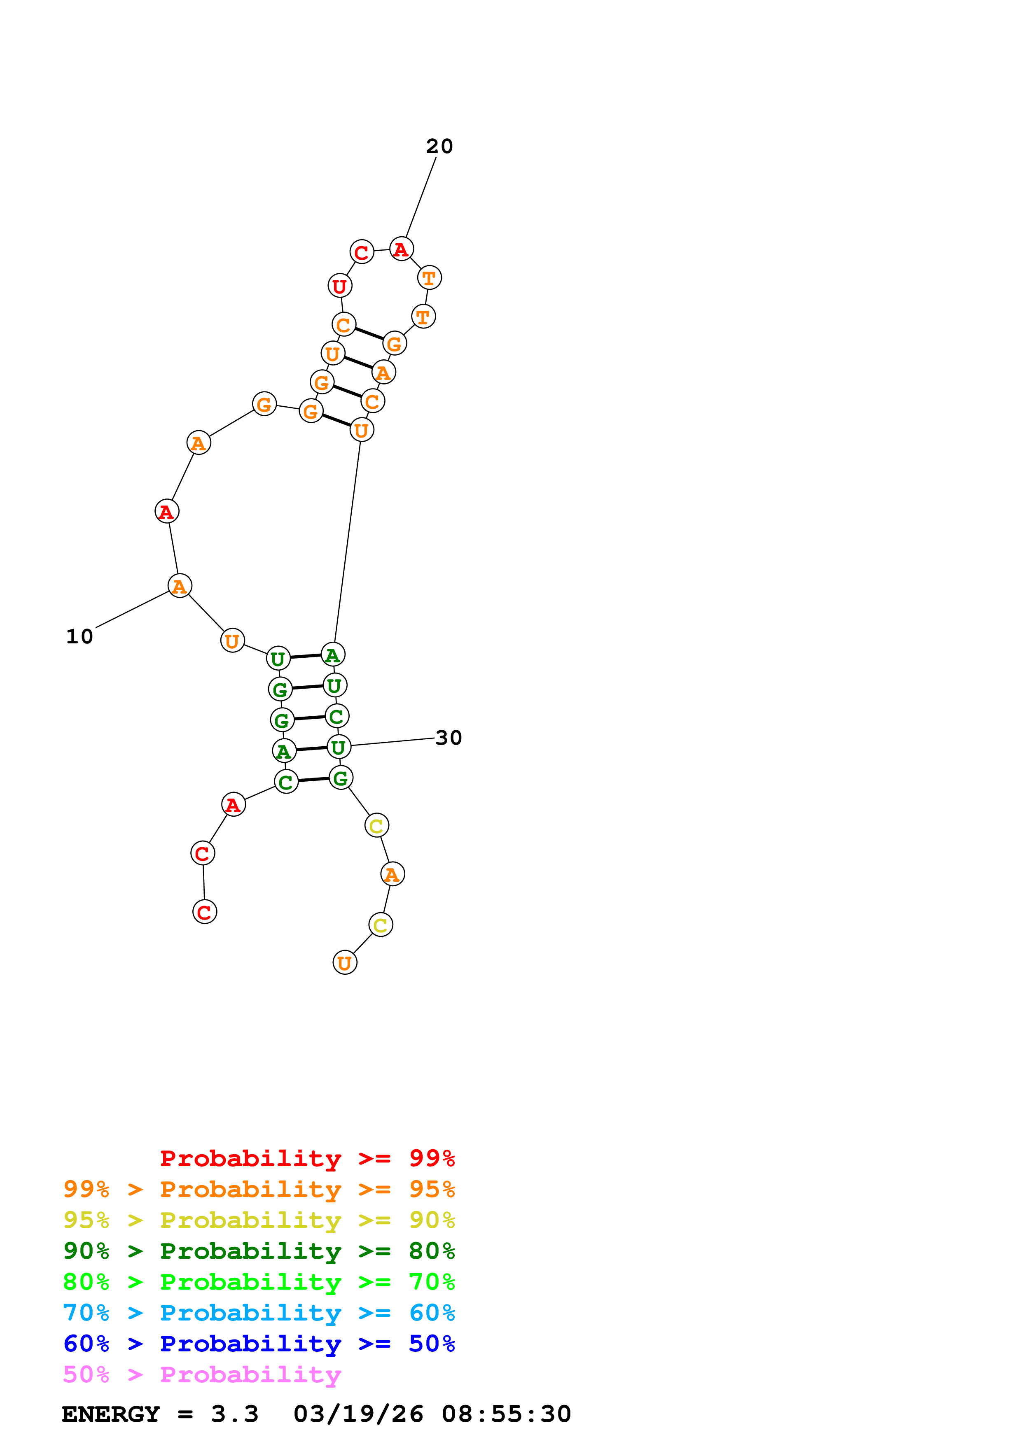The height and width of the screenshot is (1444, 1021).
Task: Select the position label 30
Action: [449, 738]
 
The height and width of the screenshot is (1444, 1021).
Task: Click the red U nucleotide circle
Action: [340, 286]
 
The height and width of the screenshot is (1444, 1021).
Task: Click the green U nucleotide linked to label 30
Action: [339, 747]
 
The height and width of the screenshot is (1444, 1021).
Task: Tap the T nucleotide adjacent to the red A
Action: [429, 277]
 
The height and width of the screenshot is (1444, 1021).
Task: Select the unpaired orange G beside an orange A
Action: [264, 404]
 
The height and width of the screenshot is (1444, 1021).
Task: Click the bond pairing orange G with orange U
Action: [336, 420]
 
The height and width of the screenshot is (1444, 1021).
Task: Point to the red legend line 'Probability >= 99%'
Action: [307, 1158]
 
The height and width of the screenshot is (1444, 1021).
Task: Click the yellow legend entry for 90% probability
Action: [259, 1220]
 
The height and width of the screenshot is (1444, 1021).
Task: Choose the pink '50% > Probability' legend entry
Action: [202, 1374]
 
